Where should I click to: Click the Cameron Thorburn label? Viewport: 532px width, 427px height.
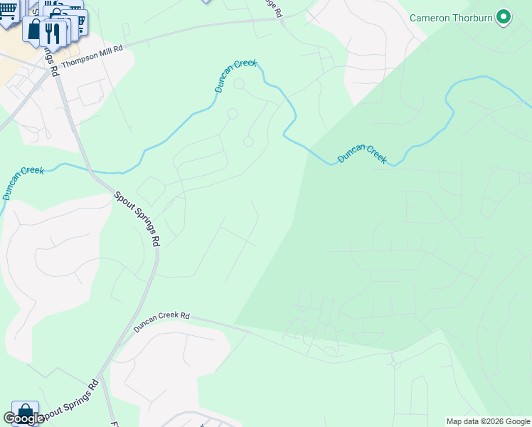tap(452, 16)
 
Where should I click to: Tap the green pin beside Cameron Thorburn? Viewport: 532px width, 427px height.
tap(504, 16)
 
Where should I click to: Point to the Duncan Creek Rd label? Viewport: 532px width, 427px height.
tap(162, 322)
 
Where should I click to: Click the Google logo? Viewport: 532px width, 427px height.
tap(23, 418)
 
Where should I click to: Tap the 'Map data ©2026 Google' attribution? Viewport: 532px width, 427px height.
tap(488, 421)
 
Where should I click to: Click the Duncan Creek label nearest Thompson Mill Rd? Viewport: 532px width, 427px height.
tap(235, 76)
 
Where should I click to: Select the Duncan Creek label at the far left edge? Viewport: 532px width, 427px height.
tap(21, 182)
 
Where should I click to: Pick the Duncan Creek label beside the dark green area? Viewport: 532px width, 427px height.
tap(362, 153)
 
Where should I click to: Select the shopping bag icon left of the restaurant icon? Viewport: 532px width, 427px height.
tap(33, 28)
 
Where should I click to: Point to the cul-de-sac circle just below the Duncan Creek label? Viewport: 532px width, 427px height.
tap(239, 85)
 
